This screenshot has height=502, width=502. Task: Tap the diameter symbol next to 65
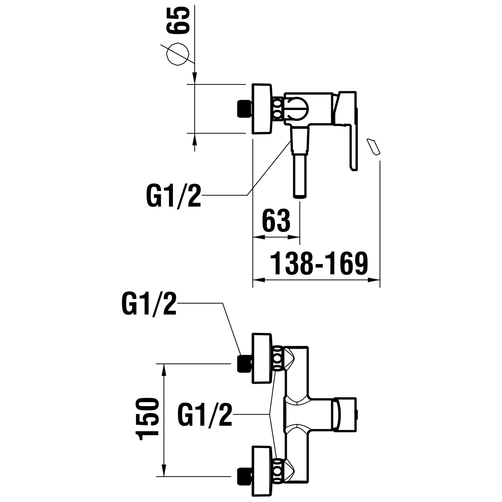tap(178, 54)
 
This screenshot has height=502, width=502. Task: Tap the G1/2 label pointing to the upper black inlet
tap(149, 304)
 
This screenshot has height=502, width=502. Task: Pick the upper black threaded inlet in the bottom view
tap(244, 363)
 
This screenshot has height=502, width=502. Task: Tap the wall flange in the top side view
tap(262, 109)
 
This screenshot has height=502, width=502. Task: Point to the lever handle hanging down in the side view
tap(353, 146)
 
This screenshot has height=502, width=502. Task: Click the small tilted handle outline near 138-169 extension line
tap(373, 147)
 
